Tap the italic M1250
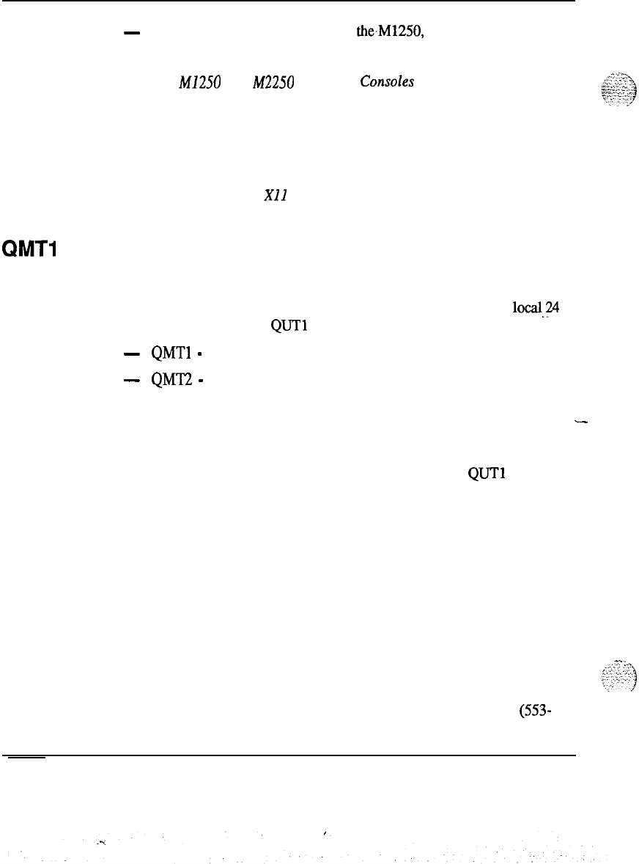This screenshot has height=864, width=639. click(x=170, y=82)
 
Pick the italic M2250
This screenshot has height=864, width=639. click(x=273, y=82)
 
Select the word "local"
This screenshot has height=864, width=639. click(x=528, y=308)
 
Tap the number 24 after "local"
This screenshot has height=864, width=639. click(x=553, y=308)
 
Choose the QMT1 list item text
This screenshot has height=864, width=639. click(x=171, y=354)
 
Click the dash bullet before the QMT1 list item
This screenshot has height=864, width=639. click(x=133, y=354)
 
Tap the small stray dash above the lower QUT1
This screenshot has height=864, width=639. click(x=583, y=422)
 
